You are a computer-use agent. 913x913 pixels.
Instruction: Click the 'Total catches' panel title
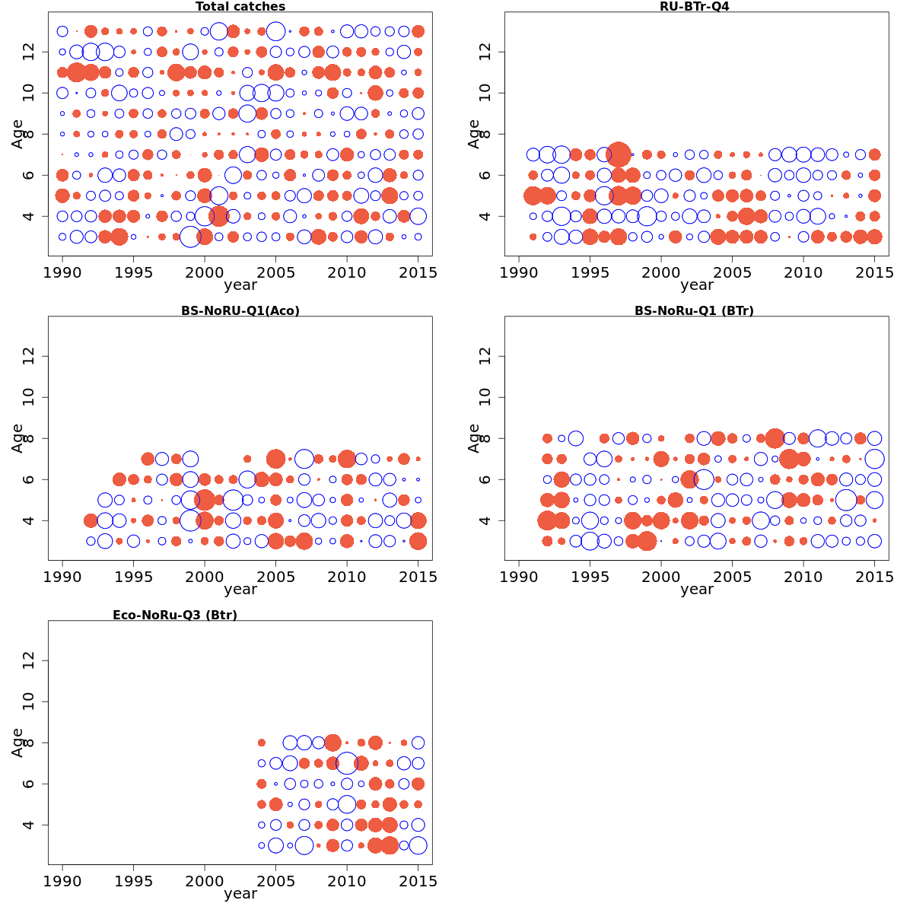click(x=240, y=7)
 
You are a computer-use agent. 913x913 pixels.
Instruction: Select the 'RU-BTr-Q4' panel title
click(x=694, y=7)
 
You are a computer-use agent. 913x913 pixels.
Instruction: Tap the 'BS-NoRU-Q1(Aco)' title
click(x=240, y=311)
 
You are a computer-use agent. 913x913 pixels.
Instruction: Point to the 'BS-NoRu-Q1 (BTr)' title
click(x=694, y=311)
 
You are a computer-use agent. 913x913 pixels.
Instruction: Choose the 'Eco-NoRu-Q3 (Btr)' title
click(x=175, y=616)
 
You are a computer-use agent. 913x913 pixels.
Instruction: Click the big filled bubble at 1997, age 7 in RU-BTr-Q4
click(x=619, y=154)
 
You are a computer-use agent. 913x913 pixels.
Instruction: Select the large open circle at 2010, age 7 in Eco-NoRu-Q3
click(x=347, y=763)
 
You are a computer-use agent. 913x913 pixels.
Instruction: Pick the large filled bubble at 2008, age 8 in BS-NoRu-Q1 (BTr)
click(x=775, y=438)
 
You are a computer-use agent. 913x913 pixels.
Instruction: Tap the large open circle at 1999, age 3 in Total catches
click(x=190, y=237)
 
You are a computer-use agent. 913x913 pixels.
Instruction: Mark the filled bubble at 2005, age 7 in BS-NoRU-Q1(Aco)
click(x=275, y=459)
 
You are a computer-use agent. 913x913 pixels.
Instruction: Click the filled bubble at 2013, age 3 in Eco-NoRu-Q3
click(x=390, y=845)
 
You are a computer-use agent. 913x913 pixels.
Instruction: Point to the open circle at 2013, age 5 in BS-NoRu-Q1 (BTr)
click(x=846, y=500)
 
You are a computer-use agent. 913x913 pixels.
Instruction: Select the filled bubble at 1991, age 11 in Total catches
click(x=76, y=72)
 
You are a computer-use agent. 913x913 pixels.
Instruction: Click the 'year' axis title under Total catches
click(x=240, y=286)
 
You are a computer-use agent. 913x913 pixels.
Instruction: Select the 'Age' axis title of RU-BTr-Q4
click(x=474, y=134)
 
